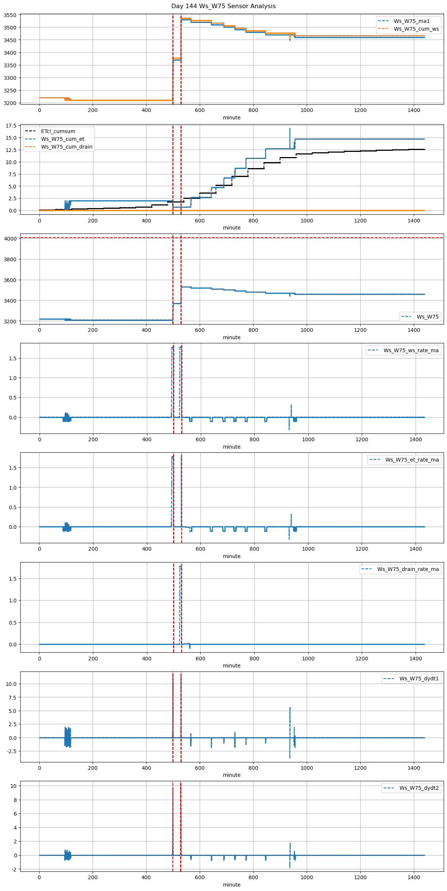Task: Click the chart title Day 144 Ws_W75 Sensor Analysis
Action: (223, 6)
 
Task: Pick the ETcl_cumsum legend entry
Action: (58, 131)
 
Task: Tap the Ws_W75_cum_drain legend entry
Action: (66, 147)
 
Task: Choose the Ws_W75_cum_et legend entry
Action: (62, 139)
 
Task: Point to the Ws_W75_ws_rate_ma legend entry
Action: (411, 350)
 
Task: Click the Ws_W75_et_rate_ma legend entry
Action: (412, 460)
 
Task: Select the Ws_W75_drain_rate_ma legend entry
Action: (408, 569)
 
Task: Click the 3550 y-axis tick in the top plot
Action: (10, 15)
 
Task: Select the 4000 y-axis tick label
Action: (10, 239)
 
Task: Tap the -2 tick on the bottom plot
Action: (14, 869)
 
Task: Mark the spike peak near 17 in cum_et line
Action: (290, 129)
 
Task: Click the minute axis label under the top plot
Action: (231, 118)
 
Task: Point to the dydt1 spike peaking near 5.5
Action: (290, 708)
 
